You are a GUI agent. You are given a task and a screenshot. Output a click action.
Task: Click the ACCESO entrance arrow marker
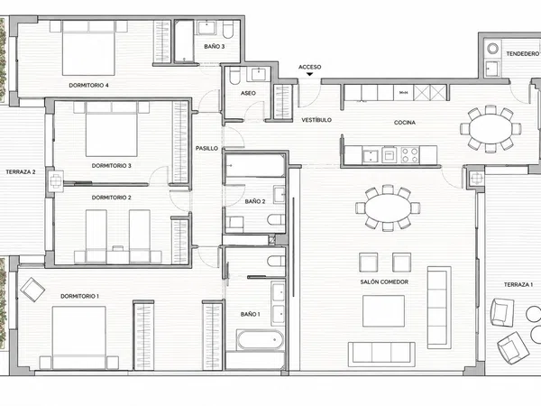(310, 74)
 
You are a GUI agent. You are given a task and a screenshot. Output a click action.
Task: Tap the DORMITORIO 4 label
(88, 86)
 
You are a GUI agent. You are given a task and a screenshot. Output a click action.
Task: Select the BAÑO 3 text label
(215, 46)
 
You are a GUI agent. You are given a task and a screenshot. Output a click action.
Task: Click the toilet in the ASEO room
(234, 76)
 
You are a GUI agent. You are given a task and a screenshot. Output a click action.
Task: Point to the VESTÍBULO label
(316, 120)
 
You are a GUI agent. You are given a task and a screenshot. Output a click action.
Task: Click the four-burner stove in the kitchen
(410, 154)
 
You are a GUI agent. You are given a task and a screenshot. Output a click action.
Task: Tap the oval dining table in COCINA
(491, 128)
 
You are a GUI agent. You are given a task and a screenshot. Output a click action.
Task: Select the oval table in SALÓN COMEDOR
(388, 208)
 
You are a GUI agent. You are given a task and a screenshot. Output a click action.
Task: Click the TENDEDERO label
(522, 54)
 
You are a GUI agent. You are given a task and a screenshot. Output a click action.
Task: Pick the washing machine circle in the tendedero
(492, 49)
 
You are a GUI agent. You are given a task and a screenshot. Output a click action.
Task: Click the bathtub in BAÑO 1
(261, 340)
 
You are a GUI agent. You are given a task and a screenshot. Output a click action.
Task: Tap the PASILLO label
(207, 149)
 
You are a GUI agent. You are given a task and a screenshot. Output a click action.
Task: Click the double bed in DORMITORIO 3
(111, 129)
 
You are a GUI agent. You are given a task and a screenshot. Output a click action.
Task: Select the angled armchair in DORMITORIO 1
(32, 290)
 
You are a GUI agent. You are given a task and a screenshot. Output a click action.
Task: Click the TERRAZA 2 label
(21, 171)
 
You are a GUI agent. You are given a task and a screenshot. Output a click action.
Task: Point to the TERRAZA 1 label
(518, 284)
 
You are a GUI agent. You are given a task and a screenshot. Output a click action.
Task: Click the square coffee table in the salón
(383, 310)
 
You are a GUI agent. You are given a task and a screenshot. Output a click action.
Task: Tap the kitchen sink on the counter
(371, 156)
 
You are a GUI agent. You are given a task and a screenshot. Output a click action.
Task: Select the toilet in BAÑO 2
(276, 219)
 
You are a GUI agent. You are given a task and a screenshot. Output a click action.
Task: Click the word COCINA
(405, 122)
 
